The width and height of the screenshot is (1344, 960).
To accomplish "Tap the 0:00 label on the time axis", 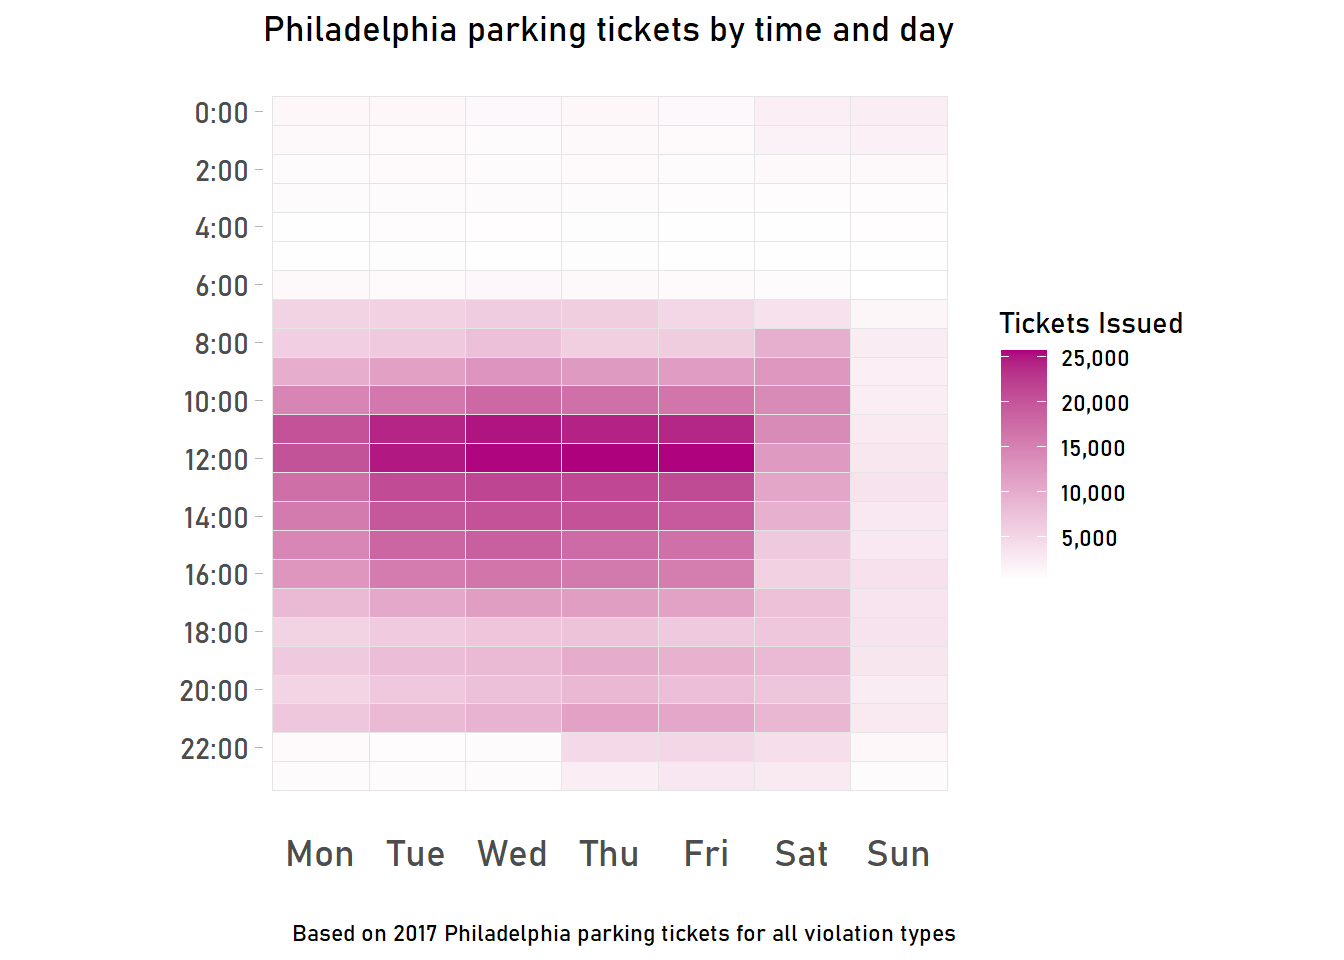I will [x=221, y=113].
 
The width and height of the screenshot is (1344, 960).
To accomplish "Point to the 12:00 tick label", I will [x=216, y=460].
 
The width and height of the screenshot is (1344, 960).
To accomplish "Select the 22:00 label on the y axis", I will [x=214, y=749].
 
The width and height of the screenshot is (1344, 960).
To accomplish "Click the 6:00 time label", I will [x=221, y=287].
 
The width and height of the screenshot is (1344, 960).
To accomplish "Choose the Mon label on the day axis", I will [x=320, y=854].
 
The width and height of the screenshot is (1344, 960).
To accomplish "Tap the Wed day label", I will [x=512, y=854].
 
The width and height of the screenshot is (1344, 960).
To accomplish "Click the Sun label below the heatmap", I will [x=898, y=854].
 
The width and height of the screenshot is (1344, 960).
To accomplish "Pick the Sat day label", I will [x=801, y=854].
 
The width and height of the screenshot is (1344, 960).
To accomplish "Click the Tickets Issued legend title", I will [x=1091, y=323].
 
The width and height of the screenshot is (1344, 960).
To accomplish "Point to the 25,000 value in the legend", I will [x=1095, y=359].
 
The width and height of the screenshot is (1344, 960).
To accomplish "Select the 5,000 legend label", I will [x=1089, y=539].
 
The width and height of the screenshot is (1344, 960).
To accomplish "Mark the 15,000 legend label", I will [x=1093, y=449].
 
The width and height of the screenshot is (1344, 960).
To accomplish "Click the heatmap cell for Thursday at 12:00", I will [x=610, y=458].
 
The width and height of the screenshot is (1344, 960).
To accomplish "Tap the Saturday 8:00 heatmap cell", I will [x=802, y=343].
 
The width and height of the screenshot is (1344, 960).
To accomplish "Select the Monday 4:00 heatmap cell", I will [x=321, y=227].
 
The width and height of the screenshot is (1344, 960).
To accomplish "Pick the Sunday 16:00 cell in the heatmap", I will [x=899, y=574].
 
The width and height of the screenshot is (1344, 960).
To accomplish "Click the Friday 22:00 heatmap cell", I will [x=706, y=747].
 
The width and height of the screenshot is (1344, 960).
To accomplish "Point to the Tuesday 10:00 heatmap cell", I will [x=417, y=400].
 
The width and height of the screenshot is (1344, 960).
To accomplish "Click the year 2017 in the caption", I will [x=415, y=934].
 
